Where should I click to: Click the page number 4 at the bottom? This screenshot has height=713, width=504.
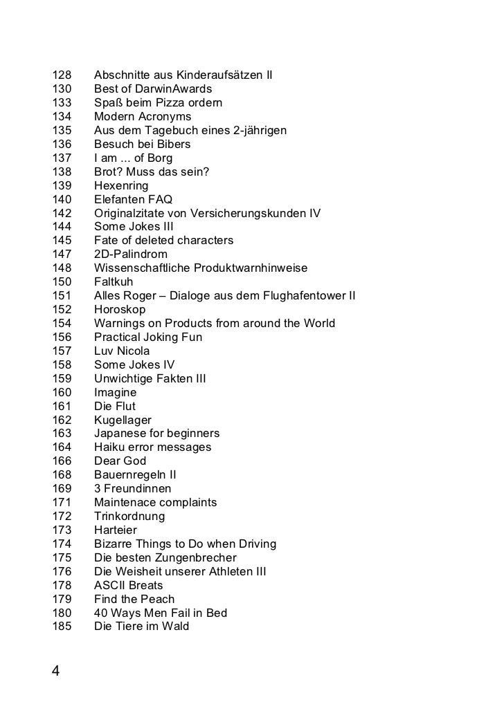click(56, 671)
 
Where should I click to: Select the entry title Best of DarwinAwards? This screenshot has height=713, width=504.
click(152, 89)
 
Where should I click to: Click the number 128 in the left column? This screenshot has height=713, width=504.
click(62, 75)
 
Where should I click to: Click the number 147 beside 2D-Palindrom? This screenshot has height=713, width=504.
click(62, 254)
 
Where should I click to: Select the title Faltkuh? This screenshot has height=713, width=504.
click(114, 282)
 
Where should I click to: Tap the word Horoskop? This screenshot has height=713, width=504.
click(120, 310)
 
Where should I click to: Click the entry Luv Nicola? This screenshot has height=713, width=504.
click(122, 351)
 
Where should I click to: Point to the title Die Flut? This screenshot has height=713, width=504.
click(115, 406)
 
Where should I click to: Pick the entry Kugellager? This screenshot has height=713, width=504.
click(123, 420)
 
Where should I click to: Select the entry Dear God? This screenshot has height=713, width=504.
click(120, 461)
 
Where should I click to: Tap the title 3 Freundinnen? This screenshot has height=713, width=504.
click(132, 489)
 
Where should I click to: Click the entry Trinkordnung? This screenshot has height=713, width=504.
click(129, 517)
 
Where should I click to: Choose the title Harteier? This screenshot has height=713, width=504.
click(116, 530)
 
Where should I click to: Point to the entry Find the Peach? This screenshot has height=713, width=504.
click(134, 599)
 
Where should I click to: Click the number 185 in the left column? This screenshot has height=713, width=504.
click(62, 627)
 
